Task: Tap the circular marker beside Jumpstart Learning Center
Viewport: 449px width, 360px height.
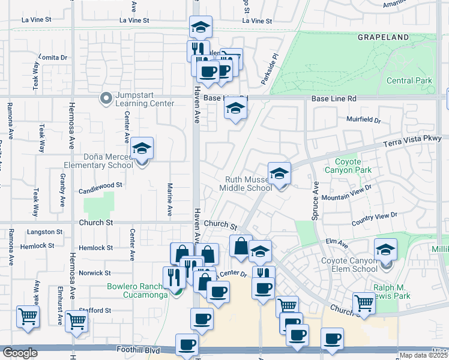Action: pyautogui.click(x=106, y=97)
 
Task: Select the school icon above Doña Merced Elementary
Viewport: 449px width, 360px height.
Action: pyautogui.click(x=142, y=148)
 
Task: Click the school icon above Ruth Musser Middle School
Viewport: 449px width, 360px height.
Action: pyautogui.click(x=279, y=174)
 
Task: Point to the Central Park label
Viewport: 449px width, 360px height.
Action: pyautogui.click(x=409, y=80)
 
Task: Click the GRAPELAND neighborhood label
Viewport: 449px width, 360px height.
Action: pyautogui.click(x=383, y=37)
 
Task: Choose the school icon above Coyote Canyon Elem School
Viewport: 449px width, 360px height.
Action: pyautogui.click(x=385, y=249)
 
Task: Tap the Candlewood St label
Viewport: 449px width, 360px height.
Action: pyautogui.click(x=101, y=192)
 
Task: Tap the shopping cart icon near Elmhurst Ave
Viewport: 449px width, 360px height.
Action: pyautogui.click(x=77, y=320)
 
